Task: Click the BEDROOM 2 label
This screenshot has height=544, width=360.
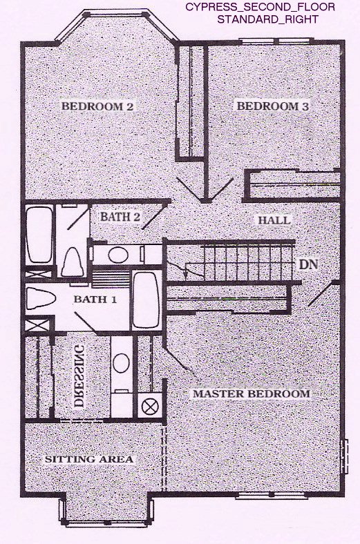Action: [97, 106]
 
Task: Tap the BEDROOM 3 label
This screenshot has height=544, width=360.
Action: [272, 106]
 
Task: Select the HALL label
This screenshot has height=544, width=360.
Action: [274, 220]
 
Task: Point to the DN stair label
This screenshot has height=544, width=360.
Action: [308, 264]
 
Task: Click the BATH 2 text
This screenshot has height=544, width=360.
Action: [120, 217]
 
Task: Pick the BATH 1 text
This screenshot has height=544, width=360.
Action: [95, 299]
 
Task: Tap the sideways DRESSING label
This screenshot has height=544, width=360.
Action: [79, 376]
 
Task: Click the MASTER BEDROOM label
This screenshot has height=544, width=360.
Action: [252, 394]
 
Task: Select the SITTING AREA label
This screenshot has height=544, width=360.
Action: [89, 459]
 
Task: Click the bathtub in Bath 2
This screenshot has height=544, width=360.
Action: [39, 235]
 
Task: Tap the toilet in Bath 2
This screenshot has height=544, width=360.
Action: [73, 262]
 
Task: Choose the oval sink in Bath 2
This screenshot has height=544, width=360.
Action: [117, 255]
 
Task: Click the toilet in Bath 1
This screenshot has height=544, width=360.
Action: [41, 298]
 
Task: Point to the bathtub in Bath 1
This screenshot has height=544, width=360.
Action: [146, 300]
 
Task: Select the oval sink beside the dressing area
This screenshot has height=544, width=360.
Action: [122, 363]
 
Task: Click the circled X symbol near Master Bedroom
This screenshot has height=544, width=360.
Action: [150, 407]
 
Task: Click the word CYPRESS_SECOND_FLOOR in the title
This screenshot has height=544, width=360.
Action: [260, 7]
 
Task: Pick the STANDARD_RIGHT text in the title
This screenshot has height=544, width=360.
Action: [267, 19]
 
